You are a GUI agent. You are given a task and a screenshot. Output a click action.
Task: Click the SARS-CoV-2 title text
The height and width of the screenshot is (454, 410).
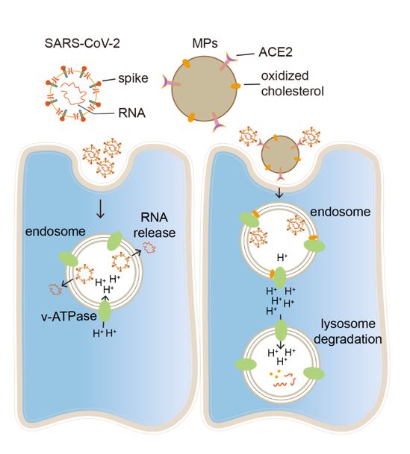pos(82,44)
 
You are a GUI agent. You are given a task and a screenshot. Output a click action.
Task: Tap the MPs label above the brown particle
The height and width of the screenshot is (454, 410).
pos(205,43)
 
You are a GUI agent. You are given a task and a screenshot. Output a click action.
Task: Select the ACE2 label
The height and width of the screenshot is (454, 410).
pos(276,52)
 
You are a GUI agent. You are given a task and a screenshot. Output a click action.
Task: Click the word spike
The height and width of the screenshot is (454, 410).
pos(133,78)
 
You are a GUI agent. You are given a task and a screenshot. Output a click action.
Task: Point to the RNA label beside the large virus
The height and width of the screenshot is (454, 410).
pos(131,113)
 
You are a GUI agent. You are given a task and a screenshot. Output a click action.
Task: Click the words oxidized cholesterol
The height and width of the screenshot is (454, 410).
pos(292,83)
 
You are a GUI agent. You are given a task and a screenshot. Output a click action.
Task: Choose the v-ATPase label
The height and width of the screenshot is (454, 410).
pos(69,316)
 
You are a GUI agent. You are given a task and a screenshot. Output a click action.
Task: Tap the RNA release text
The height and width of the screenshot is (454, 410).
pos(155,225)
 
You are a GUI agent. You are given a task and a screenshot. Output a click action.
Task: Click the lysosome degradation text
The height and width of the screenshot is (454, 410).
pos(348,332)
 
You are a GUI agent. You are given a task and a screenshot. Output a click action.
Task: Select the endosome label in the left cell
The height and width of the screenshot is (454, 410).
pos(55,231)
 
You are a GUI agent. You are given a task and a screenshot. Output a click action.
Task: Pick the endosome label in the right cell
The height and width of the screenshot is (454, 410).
pos(341,212)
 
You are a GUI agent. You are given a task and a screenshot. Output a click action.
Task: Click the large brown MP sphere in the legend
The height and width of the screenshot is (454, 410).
pos(204,89)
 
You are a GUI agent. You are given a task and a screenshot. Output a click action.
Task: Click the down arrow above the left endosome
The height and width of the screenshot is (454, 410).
pos(101,208)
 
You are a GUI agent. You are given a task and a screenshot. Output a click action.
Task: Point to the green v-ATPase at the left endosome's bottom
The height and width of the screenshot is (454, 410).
pos(105,312)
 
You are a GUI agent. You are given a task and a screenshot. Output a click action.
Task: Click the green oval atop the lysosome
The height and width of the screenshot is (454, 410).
pos(281,330)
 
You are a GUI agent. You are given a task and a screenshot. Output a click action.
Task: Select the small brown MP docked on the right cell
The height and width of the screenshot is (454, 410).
pos(280,154)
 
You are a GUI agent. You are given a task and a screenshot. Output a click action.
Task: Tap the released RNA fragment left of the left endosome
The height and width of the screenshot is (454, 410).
pos(54,289)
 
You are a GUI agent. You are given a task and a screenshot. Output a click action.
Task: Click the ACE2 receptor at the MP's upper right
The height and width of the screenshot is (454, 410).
pos(228,62)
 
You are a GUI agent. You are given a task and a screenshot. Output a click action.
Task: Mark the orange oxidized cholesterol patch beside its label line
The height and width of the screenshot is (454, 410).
pos(235,86)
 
